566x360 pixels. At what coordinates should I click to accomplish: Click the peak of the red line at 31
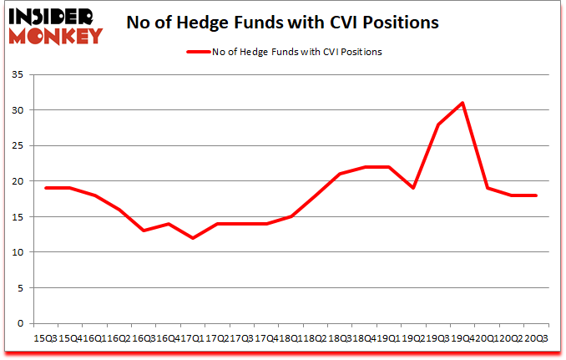pyautogui.click(x=462, y=103)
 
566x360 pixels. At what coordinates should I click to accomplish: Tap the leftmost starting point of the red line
pyautogui.click(x=47, y=188)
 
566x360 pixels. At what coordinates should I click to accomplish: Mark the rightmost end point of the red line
pyautogui.click(x=534, y=195)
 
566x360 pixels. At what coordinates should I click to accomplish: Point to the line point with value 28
pyautogui.click(x=437, y=124)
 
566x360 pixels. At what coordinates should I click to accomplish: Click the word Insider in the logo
pyautogui.click(x=52, y=16)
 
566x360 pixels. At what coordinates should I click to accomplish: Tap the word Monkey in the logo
pyautogui.click(x=55, y=35)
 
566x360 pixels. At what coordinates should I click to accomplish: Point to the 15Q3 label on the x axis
pyautogui.click(x=47, y=338)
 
